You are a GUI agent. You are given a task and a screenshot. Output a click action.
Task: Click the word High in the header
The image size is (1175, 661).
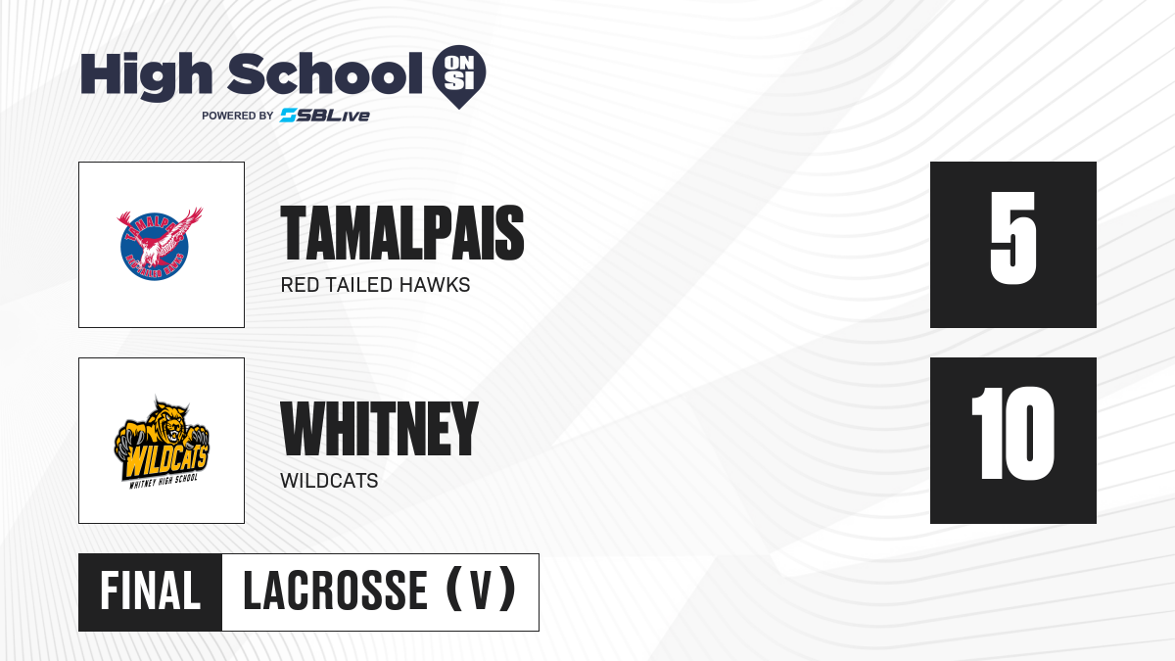(x=146, y=76)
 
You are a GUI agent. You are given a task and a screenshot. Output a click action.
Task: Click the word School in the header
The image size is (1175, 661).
(x=325, y=73)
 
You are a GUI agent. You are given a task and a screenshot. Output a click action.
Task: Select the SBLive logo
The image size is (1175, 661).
(x=325, y=116)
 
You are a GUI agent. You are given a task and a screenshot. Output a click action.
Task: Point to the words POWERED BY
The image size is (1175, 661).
(x=238, y=116)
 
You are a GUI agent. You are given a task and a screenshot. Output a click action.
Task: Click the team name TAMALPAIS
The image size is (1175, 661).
(x=402, y=233)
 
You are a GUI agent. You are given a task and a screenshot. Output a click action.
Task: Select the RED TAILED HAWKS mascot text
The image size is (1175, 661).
(x=375, y=285)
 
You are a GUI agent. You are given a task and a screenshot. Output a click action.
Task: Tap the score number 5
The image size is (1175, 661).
(x=1013, y=238)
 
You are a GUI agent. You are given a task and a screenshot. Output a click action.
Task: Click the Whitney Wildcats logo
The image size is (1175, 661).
(x=162, y=442)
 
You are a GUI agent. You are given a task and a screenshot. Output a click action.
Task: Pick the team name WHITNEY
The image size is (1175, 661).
(x=379, y=428)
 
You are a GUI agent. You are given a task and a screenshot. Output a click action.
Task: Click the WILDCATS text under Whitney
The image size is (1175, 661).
(x=329, y=481)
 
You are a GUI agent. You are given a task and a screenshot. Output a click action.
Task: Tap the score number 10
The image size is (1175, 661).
(x=1012, y=433)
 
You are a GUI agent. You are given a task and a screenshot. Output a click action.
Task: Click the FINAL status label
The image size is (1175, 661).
(x=150, y=591)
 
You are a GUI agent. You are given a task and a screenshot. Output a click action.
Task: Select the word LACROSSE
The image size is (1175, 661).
(x=335, y=591)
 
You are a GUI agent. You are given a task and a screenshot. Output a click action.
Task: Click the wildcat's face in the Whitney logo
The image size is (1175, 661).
(x=172, y=429)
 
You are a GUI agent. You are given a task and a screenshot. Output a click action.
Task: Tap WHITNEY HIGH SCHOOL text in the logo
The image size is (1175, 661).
(x=164, y=481)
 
